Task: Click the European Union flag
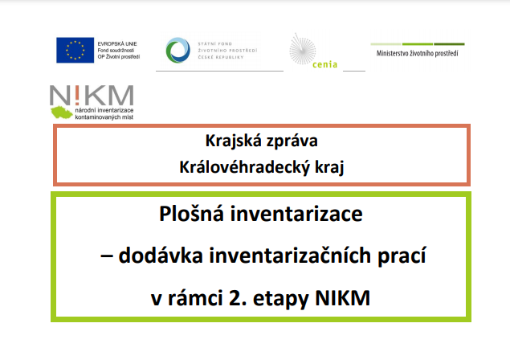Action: point(75,50)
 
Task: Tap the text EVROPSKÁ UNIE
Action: point(117,43)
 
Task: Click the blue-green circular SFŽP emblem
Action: point(178,50)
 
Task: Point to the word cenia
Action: point(324,64)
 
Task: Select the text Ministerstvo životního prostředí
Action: point(418,53)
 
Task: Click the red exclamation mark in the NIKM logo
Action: point(77,95)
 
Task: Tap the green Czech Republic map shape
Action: point(62,112)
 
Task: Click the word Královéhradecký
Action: point(245,168)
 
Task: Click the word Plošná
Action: point(192,214)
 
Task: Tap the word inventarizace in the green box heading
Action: point(296,215)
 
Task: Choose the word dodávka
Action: point(161,256)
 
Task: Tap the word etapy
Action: point(280,299)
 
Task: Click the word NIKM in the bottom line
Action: point(343,298)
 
